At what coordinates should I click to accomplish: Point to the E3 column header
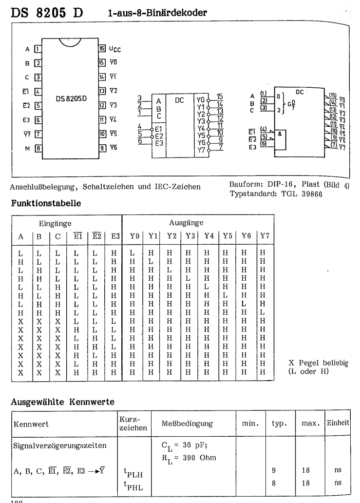pyautogui.click(x=115, y=236)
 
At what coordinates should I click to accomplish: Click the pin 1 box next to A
pyautogui.click(x=38, y=49)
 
